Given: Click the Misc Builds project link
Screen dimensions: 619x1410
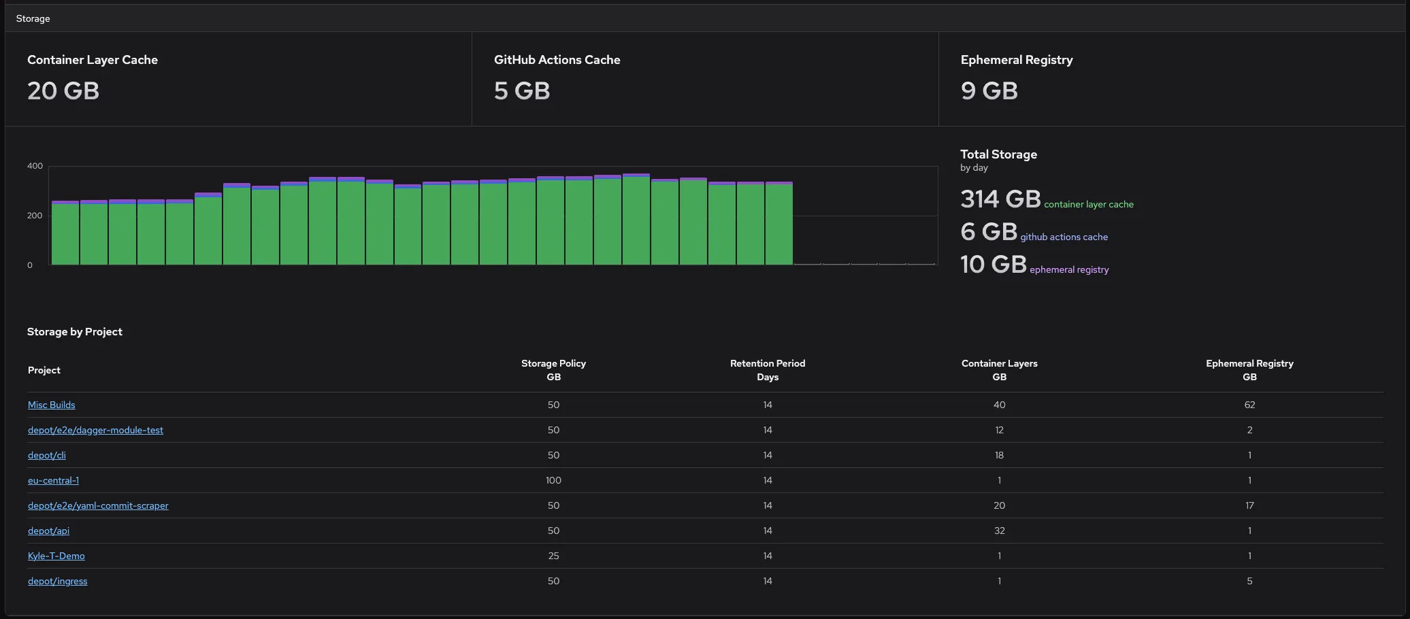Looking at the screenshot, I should pos(51,405).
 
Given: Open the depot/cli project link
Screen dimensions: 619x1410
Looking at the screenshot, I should pos(46,455).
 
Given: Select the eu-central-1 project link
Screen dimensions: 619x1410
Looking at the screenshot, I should pos(53,480).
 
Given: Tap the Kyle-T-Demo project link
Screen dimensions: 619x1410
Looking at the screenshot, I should pos(56,556).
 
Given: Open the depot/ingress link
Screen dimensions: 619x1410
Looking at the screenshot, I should pos(57,581).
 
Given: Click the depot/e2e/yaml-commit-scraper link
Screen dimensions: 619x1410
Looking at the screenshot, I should pos(98,505).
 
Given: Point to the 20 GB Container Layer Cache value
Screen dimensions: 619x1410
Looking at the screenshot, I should pos(63,90).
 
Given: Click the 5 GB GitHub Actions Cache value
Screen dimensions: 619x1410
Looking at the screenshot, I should pos(522,90).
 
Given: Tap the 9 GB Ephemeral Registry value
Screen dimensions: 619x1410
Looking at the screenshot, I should pos(989,90).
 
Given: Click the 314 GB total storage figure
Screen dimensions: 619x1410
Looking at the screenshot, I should pos(1000,199).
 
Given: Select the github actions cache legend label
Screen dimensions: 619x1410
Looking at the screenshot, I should pos(1064,237).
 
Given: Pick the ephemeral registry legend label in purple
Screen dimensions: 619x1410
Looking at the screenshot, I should pos(1069,269).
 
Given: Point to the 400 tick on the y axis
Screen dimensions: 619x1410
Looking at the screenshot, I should pos(35,166).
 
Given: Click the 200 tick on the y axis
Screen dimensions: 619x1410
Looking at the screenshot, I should pos(35,216).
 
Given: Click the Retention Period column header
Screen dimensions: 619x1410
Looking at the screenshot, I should pos(768,370).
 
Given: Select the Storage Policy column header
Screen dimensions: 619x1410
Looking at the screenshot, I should pos(553,370).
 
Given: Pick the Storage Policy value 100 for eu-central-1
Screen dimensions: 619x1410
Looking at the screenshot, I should pos(553,480).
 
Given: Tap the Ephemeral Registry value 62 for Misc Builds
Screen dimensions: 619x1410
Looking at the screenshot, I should pos(1249,405).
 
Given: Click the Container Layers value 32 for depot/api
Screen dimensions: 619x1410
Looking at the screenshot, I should pos(999,531).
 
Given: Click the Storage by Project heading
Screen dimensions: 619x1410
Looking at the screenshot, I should pos(75,332).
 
